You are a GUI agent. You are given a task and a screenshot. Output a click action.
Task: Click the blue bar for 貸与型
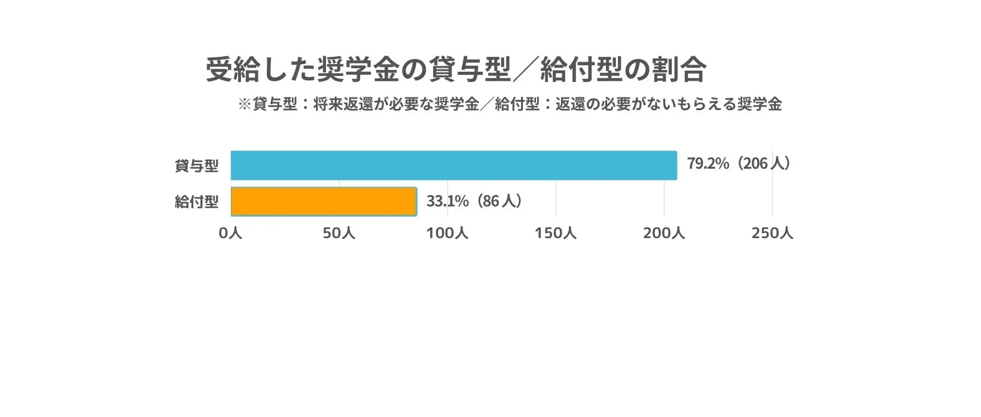(453, 165)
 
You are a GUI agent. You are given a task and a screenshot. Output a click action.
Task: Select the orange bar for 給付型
(324, 202)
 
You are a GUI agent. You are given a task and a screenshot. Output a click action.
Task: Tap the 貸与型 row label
(196, 166)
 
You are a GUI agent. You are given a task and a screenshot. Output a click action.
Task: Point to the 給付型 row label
(196, 202)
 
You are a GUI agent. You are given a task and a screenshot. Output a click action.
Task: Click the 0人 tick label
(230, 233)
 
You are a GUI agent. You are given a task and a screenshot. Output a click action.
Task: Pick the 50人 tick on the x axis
(339, 233)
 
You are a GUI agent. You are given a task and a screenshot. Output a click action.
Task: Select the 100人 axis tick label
(447, 233)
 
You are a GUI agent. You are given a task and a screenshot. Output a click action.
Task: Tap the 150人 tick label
(555, 233)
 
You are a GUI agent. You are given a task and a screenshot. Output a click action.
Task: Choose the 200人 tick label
(663, 233)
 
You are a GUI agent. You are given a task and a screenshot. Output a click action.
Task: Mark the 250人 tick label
(772, 233)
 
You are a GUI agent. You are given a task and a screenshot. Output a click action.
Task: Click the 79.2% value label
(708, 164)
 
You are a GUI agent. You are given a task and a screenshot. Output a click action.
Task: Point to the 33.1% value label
(447, 201)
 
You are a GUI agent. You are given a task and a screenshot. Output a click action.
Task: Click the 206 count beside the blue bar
(755, 164)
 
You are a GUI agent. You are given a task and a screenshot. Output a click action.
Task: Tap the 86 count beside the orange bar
(490, 201)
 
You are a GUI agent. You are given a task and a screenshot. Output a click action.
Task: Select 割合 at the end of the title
(686, 70)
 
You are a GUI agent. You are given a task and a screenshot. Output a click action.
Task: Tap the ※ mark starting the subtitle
(244, 104)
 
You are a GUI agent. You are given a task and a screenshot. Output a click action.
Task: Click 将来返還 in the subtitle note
(343, 104)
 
